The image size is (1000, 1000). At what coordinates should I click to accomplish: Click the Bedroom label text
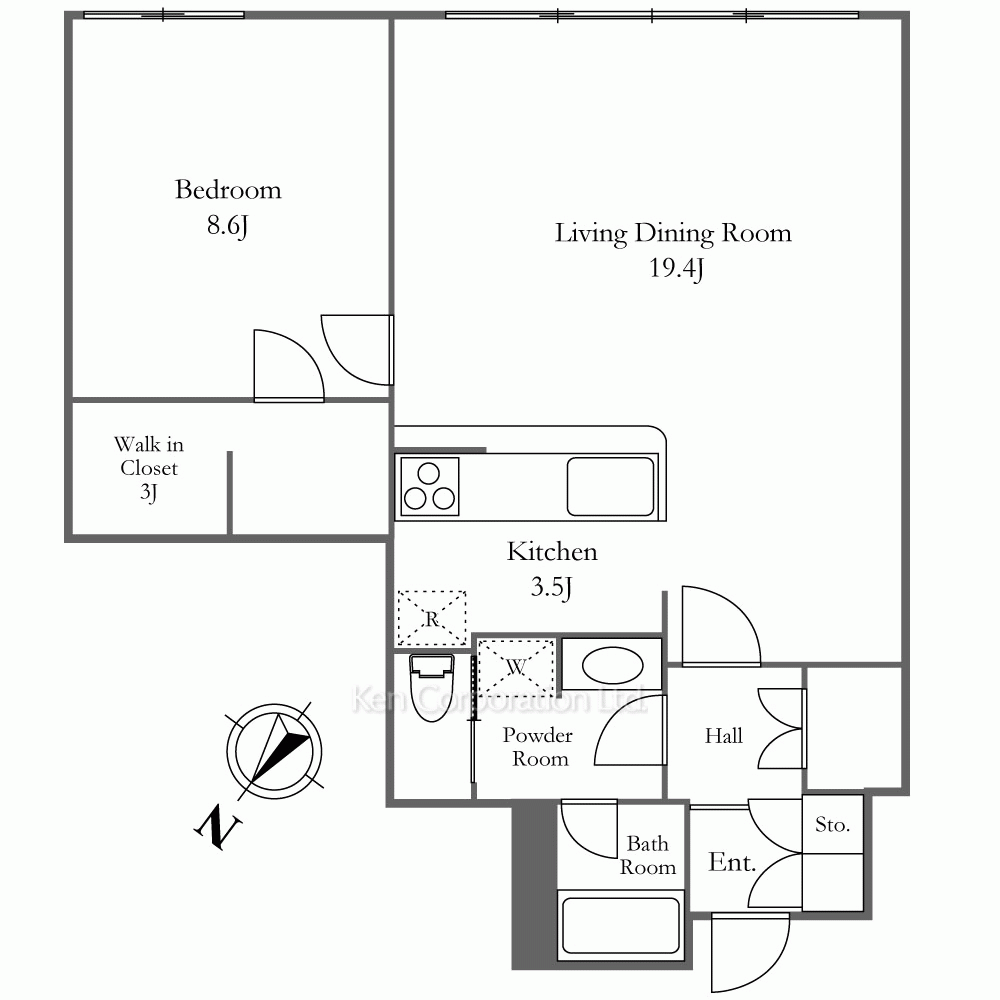(228, 189)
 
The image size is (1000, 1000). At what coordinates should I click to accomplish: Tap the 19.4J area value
(676, 268)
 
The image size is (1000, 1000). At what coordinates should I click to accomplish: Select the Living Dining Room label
(673, 233)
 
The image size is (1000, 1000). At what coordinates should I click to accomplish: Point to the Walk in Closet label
(149, 467)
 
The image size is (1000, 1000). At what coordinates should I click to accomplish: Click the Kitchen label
(552, 552)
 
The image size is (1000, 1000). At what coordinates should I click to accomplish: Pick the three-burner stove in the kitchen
(429, 486)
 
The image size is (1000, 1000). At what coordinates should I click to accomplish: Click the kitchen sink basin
(610, 486)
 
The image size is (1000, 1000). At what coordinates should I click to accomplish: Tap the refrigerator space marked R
(432, 618)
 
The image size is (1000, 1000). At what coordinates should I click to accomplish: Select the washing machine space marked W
(515, 666)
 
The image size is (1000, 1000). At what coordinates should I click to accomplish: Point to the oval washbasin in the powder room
(612, 665)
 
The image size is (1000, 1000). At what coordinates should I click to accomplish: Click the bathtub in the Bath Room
(621, 925)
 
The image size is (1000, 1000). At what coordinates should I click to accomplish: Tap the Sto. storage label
(832, 825)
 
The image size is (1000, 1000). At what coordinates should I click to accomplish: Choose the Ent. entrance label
(732, 862)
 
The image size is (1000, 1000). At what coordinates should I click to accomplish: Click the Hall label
(724, 736)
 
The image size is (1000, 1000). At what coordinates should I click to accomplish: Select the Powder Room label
(538, 747)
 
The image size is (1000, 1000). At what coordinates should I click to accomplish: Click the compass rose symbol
(274, 751)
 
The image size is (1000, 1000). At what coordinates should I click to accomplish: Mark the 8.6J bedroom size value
(227, 226)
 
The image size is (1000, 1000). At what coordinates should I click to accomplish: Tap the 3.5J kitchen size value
(551, 587)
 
